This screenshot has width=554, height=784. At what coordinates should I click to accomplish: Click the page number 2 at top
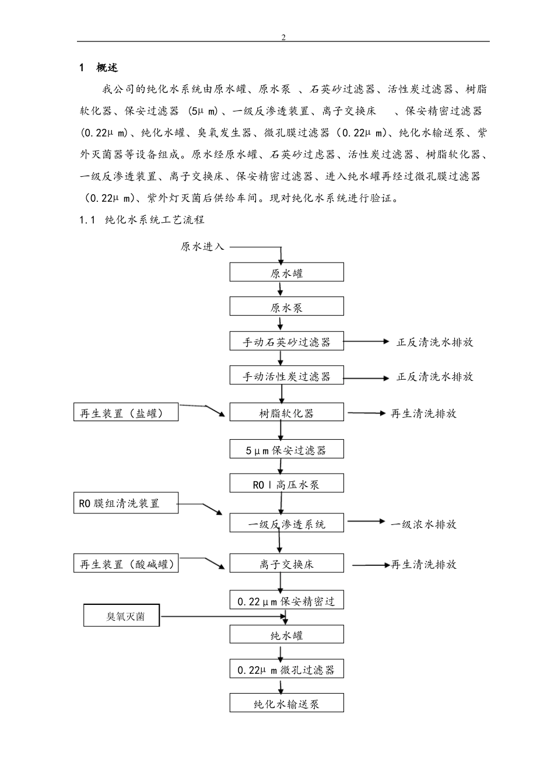coord(283,37)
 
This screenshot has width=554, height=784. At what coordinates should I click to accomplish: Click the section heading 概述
coord(107,68)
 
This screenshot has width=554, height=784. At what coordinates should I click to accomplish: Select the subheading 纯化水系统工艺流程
coord(155,220)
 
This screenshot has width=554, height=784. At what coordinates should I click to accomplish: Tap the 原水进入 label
coord(202,247)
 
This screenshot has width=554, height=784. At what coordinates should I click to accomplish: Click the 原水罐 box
coord(286,272)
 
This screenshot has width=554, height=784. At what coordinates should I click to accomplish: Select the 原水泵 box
coord(286,307)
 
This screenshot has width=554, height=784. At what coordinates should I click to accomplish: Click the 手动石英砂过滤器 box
coord(286,342)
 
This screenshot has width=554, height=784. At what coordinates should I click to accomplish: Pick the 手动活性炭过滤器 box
coord(286,376)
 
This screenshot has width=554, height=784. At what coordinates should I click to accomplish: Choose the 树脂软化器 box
coord(286,413)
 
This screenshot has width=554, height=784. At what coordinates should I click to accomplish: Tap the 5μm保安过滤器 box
coord(286,450)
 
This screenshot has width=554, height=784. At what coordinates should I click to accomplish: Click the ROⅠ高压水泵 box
coord(286,484)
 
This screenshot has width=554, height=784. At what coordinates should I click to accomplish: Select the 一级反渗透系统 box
coord(286,524)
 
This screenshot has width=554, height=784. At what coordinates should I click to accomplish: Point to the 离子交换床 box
coord(286,564)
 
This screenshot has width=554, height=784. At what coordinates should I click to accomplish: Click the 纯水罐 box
coord(286,635)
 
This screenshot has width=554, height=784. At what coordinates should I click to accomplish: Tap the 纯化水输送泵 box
coord(286,703)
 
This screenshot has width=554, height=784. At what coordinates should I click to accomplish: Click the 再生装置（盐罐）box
coord(126,413)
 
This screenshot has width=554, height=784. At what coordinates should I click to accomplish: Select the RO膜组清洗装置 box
coord(126,503)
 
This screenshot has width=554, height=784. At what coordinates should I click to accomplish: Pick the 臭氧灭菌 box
coord(122,616)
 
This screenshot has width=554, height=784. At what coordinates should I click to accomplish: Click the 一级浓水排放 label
coord(423,524)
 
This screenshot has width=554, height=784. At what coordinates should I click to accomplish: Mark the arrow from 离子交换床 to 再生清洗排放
coord(371,565)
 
